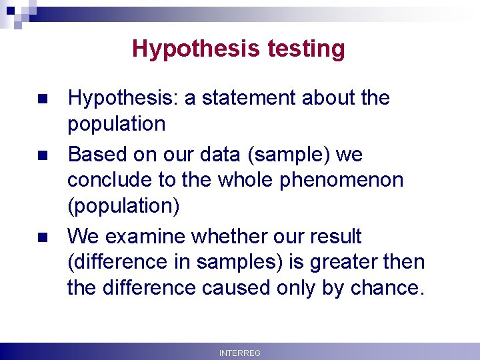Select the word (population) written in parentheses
point(123,207)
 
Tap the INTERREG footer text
point(240,353)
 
